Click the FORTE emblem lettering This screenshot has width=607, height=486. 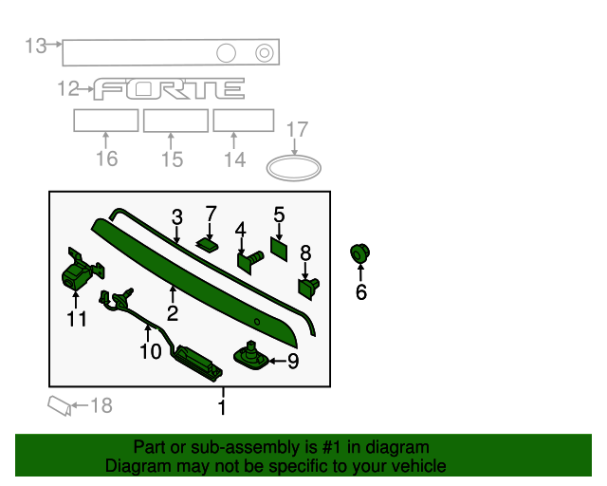point(171,90)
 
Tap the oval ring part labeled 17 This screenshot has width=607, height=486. point(294,168)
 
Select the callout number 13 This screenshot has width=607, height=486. point(35,45)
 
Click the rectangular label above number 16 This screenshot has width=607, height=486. point(106,121)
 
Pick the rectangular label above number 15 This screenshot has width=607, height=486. point(175,121)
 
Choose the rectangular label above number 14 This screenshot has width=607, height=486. point(244,121)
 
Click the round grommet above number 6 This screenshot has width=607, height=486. point(360,253)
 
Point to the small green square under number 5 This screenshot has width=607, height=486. point(279,248)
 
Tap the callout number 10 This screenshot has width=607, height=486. point(151,352)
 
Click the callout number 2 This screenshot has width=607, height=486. point(172,312)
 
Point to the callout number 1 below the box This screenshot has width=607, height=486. point(223,408)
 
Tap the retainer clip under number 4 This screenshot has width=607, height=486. point(248,255)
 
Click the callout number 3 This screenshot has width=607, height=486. point(176,217)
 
